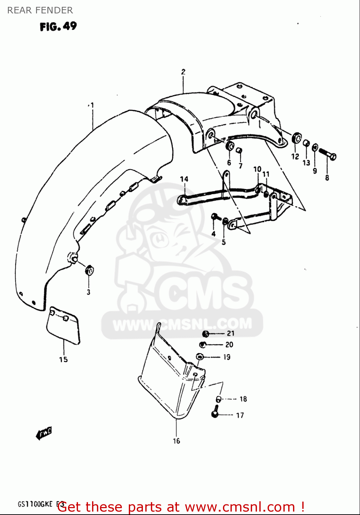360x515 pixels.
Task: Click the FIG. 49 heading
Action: pyautogui.click(x=58, y=26)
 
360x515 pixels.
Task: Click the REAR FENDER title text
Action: pyautogui.click(x=40, y=10)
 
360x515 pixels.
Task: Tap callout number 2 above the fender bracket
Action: pyautogui.click(x=183, y=72)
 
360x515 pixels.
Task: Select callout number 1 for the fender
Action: pyautogui.click(x=92, y=105)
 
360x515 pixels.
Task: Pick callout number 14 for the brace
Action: pyautogui.click(x=184, y=179)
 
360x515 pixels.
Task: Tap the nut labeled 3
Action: pyautogui.click(x=89, y=270)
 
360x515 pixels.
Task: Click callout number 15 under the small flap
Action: pyautogui.click(x=63, y=359)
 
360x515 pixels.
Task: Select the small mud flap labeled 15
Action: pyautogui.click(x=63, y=324)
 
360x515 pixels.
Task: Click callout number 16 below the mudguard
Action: pyautogui.click(x=176, y=441)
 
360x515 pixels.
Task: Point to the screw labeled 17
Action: pyautogui.click(x=215, y=411)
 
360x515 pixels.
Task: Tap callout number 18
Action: pyautogui.click(x=243, y=399)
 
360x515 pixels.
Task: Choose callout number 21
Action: pyautogui.click(x=230, y=333)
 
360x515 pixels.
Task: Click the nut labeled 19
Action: pyautogui.click(x=200, y=357)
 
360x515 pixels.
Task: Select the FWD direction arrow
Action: pyautogui.click(x=44, y=433)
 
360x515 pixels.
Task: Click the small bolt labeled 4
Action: pyautogui.click(x=215, y=217)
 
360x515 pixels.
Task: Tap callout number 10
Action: pyautogui.click(x=257, y=169)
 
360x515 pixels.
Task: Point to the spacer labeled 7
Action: pyautogui.click(x=239, y=151)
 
